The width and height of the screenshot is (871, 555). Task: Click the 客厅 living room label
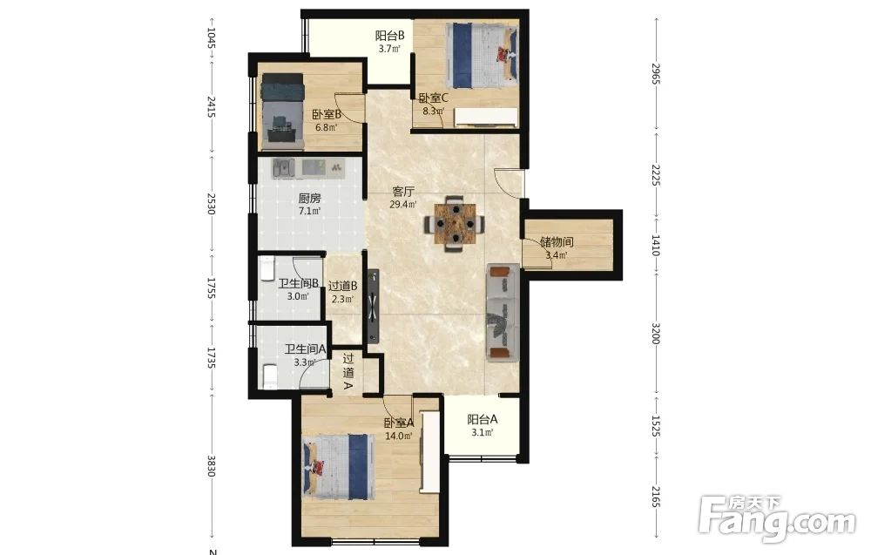(403, 192)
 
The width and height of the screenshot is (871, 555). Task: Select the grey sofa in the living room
(503, 313)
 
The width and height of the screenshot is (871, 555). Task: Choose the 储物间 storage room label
(557, 241)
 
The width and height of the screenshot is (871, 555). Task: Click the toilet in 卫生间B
(267, 269)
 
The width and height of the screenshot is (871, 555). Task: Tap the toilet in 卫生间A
(269, 376)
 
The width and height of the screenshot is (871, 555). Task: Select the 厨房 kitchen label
(309, 199)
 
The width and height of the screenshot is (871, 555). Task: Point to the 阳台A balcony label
(483, 419)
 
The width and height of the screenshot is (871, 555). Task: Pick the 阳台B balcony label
(389, 36)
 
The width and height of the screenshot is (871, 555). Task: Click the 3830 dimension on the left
(211, 465)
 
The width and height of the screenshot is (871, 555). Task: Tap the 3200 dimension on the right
(656, 334)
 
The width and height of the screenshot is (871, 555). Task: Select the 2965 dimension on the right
(656, 74)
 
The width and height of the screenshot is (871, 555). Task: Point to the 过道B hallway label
(342, 286)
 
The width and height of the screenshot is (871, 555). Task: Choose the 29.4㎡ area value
(403, 205)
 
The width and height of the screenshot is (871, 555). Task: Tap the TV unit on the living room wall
(373, 306)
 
